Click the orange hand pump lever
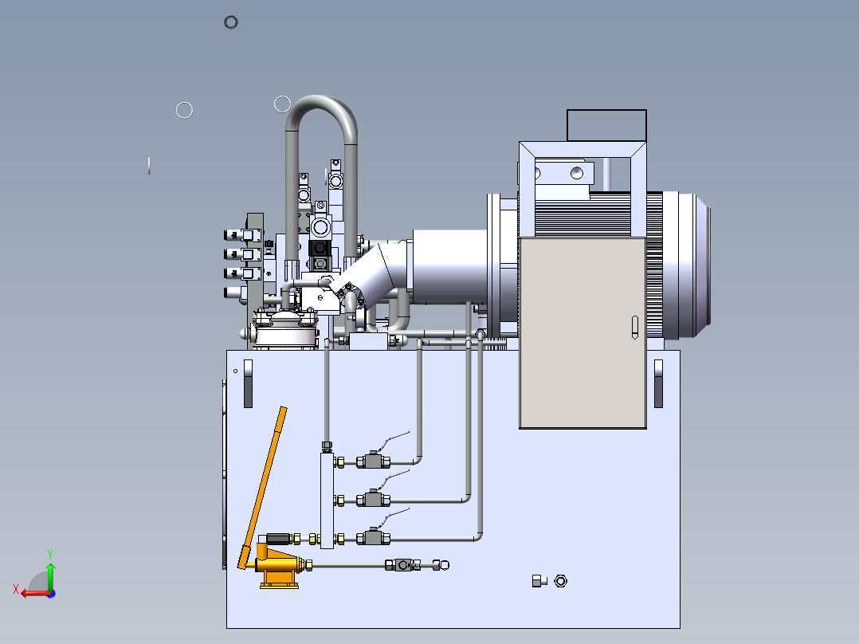[x=262, y=487]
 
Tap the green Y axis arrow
[x=50, y=571]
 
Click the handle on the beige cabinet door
[x=635, y=328]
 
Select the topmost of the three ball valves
[x=373, y=461]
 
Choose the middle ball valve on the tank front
[x=373, y=499]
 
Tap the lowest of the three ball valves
[x=373, y=538]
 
